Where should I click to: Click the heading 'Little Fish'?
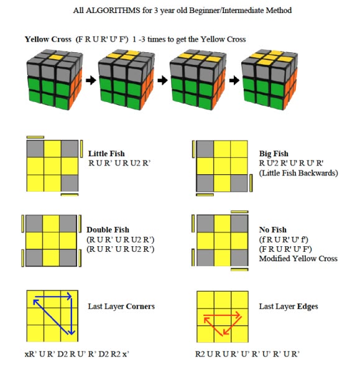pyautogui.click(x=106, y=154)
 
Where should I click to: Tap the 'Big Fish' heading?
pyautogui.click(x=274, y=154)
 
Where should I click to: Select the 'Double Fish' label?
pyautogui.click(x=108, y=230)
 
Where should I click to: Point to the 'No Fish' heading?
pyautogui.click(x=273, y=230)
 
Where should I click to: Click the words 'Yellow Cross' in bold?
pyautogui.click(x=48, y=39)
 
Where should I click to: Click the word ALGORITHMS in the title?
pyautogui.click(x=113, y=11)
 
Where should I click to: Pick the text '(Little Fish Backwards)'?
pyautogui.click(x=298, y=173)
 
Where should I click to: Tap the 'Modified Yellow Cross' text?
pyautogui.click(x=298, y=258)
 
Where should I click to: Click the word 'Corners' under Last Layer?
pyautogui.click(x=140, y=307)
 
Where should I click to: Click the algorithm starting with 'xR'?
pyautogui.click(x=77, y=354)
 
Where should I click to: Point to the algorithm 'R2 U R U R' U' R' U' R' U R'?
pyautogui.click(x=247, y=354)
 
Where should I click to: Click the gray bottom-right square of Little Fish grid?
pyautogui.click(x=70, y=183)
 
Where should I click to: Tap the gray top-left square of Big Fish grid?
pyautogui.click(x=205, y=149)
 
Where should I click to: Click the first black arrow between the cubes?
pyautogui.click(x=91, y=80)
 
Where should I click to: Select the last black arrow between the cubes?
pyautogui.click(x=234, y=80)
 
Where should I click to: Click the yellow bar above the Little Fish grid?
pyautogui.click(x=35, y=137)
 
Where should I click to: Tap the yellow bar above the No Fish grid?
pyautogui.click(x=239, y=212)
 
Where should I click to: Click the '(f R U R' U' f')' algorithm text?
pyautogui.click(x=284, y=239)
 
